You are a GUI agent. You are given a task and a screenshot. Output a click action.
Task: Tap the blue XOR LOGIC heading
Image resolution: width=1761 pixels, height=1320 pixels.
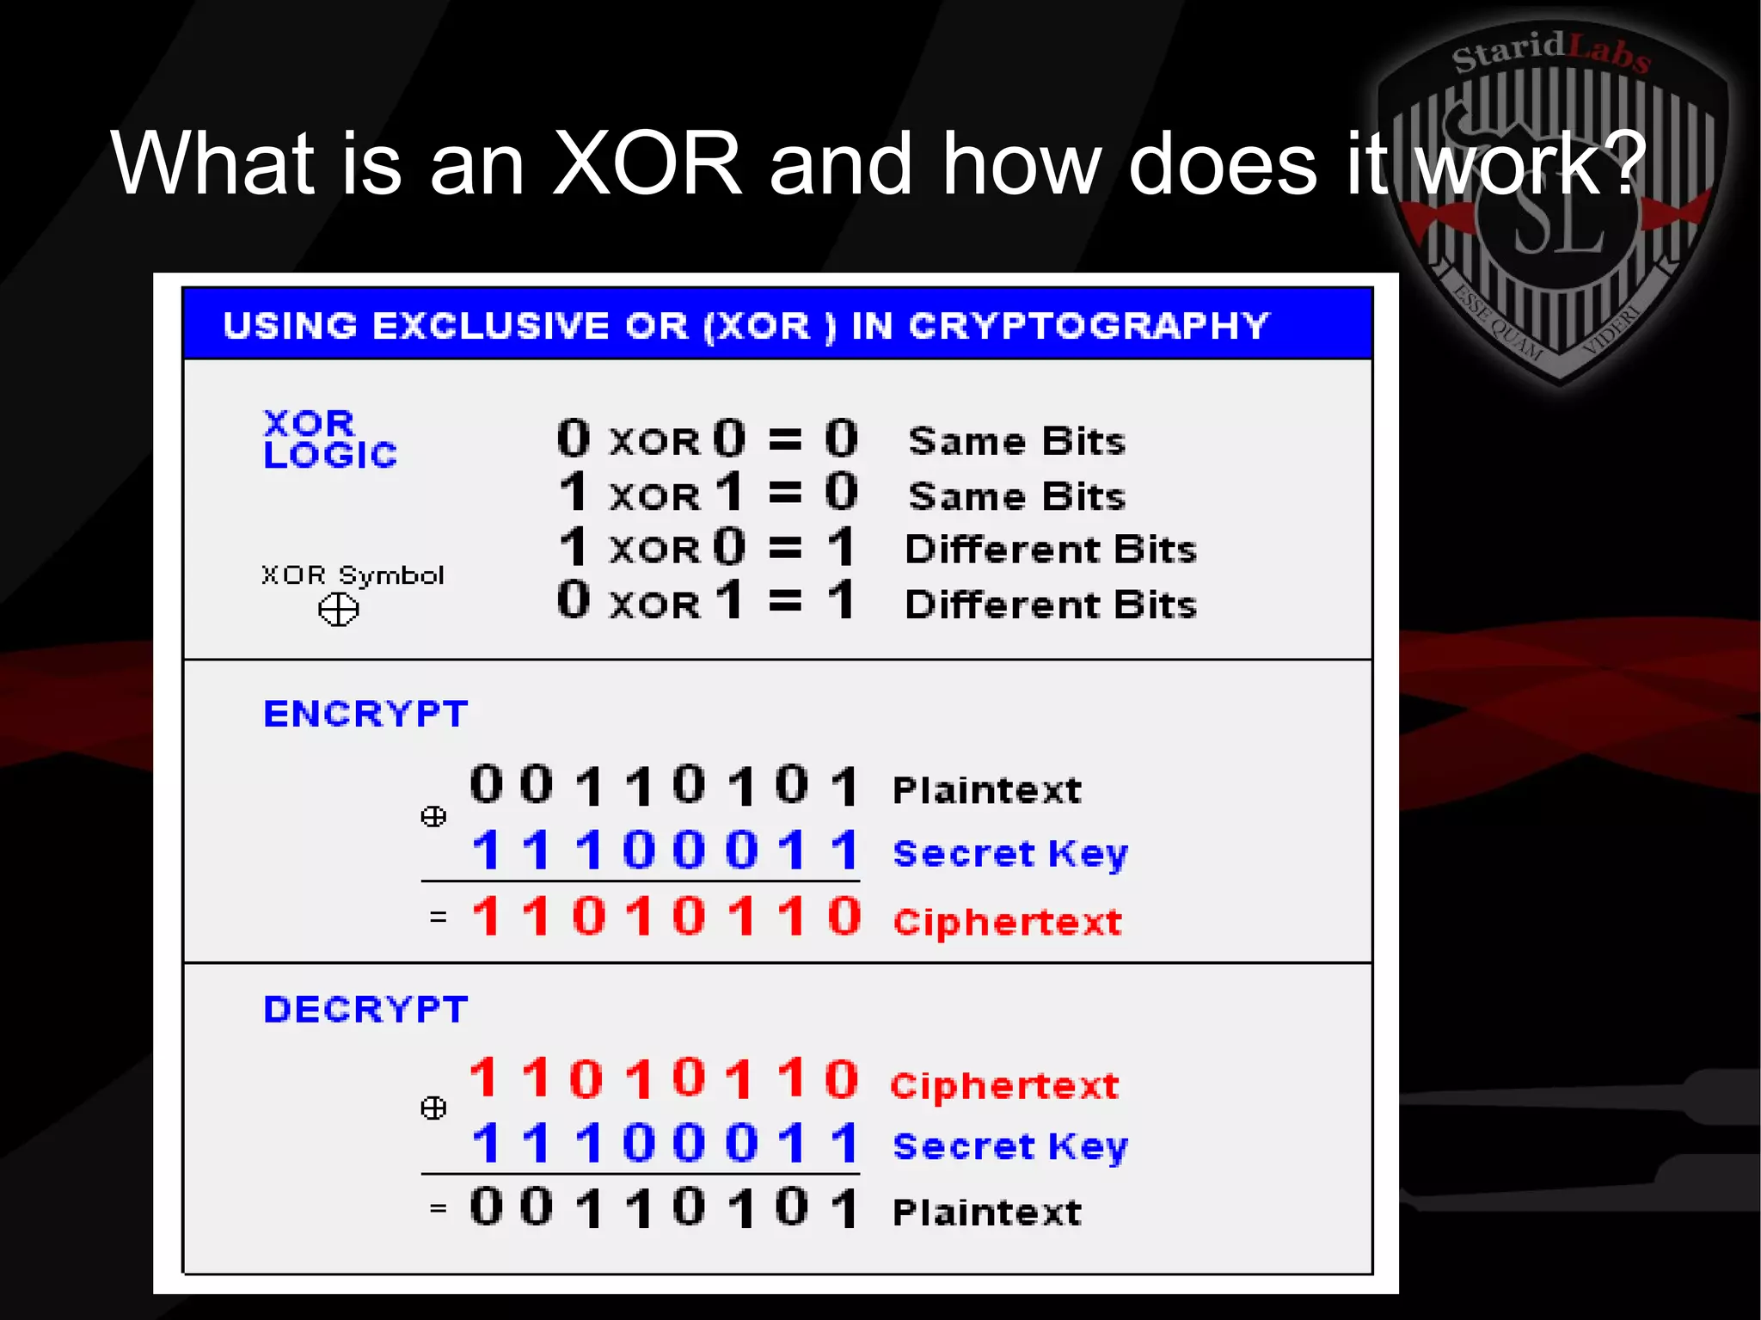329,439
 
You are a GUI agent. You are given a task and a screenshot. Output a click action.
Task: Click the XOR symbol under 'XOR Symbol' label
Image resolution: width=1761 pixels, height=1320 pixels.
338,611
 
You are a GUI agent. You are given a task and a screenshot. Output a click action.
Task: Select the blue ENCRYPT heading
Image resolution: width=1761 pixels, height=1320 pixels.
365,714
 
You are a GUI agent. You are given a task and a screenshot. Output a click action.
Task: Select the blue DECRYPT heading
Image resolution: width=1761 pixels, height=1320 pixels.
365,1010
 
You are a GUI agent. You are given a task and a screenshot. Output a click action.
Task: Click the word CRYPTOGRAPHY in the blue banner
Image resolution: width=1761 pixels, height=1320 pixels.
1089,326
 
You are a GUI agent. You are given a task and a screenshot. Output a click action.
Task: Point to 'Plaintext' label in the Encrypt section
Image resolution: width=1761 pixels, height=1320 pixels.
986,790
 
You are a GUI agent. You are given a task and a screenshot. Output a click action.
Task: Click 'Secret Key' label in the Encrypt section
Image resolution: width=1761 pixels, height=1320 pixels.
1009,854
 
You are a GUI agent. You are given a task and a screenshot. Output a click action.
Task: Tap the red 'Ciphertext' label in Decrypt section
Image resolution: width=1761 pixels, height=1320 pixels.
1004,1086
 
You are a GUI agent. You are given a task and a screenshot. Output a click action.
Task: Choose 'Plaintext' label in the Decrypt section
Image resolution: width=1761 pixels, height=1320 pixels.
986,1213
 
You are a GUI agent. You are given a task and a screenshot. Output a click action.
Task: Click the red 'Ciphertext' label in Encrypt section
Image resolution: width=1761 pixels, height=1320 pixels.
1007,923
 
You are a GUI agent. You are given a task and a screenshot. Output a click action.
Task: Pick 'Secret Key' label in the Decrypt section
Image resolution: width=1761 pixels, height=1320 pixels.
1009,1146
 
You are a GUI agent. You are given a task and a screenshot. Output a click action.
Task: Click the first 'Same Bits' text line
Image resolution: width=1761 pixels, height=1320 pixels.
1016,441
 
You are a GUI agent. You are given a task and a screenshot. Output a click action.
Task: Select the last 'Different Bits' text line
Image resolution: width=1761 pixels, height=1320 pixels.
1051,605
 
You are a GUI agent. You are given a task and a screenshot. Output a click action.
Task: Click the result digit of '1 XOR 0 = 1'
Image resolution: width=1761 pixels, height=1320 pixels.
841,547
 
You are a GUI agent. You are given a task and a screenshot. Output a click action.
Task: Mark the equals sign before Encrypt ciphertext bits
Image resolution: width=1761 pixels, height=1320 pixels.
439,918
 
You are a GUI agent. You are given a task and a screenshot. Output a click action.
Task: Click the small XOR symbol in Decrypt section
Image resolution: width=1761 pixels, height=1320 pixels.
433,1108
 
